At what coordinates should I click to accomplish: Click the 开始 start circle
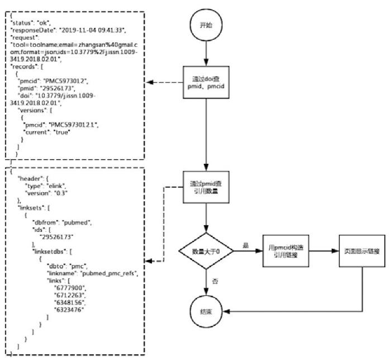(206, 26)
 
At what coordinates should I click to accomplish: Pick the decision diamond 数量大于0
(206, 252)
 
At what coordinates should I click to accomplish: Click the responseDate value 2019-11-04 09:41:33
(92, 29)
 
